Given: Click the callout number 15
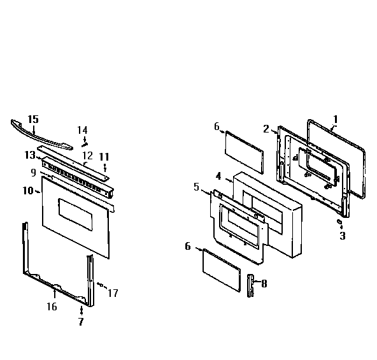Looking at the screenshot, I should click(x=33, y=119).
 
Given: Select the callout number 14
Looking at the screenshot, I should click(x=82, y=130).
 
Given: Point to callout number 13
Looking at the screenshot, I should click(x=30, y=155).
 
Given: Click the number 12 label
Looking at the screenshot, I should click(x=87, y=155).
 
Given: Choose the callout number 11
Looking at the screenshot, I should click(x=104, y=157).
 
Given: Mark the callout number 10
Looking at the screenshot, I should click(x=27, y=191).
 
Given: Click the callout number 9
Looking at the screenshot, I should click(x=33, y=172).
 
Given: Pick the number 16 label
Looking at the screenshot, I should click(x=52, y=306).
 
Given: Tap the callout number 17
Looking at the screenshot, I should click(x=113, y=293).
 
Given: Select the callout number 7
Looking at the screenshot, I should click(x=82, y=322).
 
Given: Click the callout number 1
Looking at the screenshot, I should click(x=336, y=119).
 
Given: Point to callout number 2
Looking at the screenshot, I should click(x=266, y=129).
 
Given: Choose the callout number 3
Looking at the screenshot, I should click(x=342, y=236).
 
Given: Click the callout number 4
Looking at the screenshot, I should click(x=218, y=175).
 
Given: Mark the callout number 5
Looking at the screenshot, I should click(x=197, y=187).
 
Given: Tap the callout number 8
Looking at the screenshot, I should click(x=264, y=284).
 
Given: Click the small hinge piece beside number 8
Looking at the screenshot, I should click(x=250, y=285).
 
